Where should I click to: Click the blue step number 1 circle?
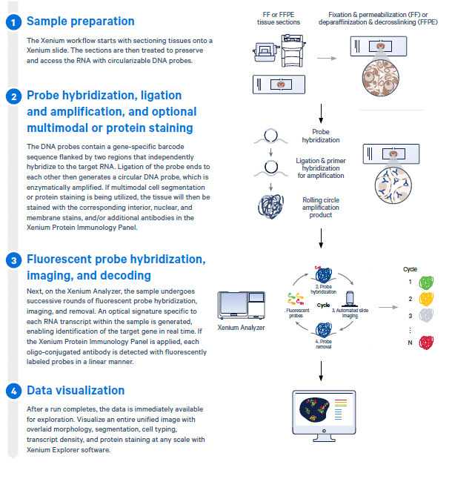pyautogui.click(x=13, y=22)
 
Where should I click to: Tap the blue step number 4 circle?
pyautogui.click(x=13, y=391)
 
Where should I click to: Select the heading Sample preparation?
pyautogui.click(x=81, y=22)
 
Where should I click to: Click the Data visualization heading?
pyautogui.click(x=76, y=391)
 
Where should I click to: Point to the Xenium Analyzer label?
pyautogui.click(x=242, y=327)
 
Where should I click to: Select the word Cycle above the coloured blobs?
pyautogui.click(x=411, y=268)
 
